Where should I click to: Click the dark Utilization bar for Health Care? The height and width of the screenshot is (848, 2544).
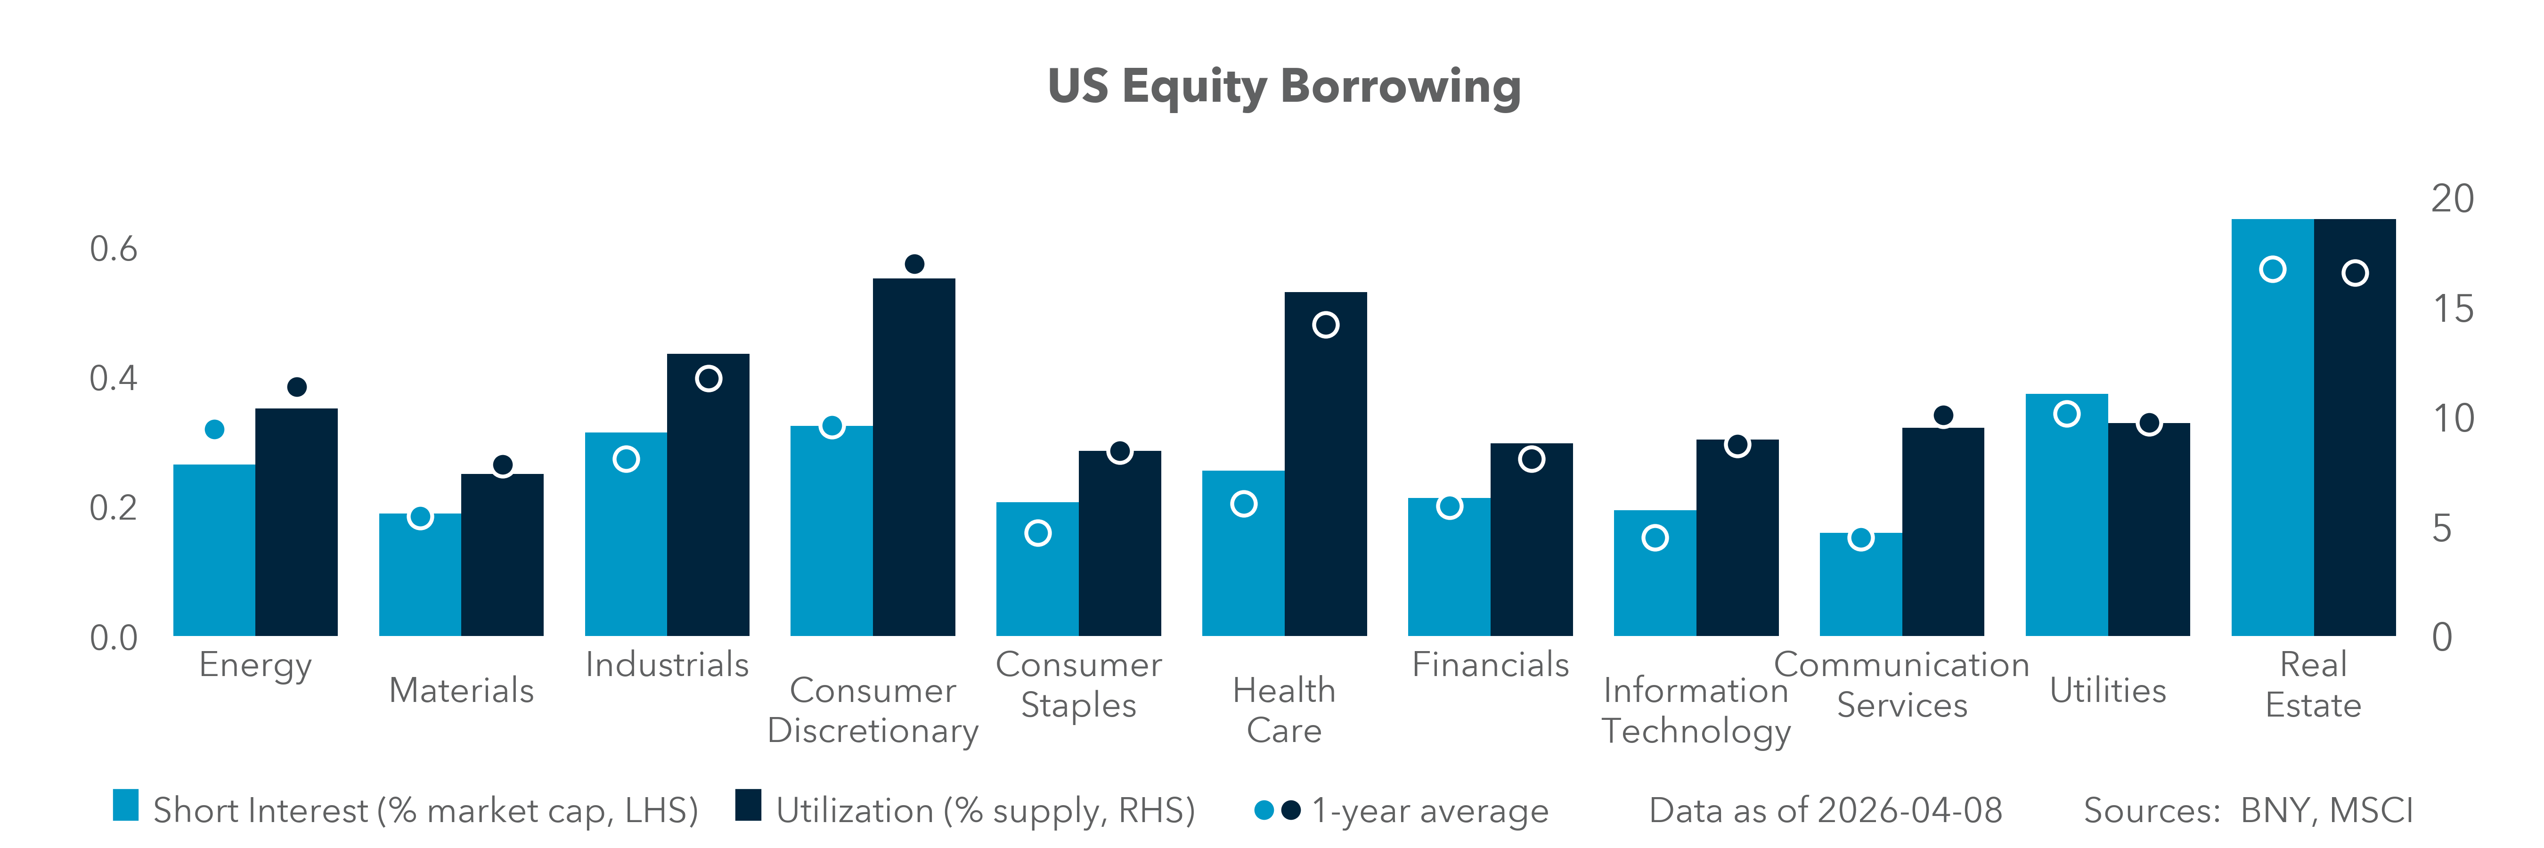point(1325,474)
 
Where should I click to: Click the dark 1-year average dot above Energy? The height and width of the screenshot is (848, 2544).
point(296,387)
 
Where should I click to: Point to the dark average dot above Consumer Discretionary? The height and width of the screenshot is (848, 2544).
point(913,263)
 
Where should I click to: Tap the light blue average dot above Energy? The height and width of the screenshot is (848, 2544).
point(214,430)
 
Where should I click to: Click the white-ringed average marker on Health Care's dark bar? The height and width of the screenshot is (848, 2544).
point(1325,325)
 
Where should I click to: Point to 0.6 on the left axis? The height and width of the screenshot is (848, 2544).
point(114,249)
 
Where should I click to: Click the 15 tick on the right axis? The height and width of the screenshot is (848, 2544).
point(2452,309)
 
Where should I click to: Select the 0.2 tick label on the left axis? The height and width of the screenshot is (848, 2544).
point(114,507)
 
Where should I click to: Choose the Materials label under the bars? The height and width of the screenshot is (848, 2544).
point(461,690)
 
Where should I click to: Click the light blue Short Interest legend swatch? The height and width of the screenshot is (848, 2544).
point(125,806)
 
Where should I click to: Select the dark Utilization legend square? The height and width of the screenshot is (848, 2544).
point(748,806)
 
